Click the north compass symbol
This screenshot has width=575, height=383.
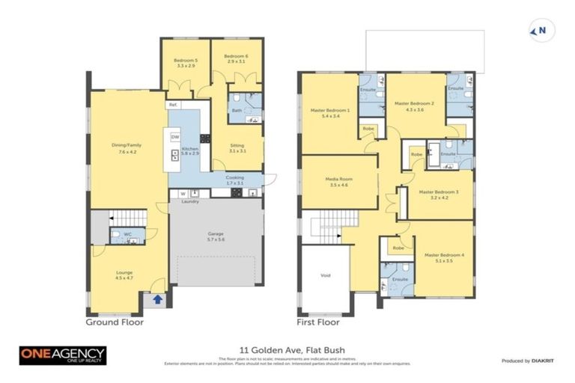coord(538,31)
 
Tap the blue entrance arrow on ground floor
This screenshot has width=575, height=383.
coord(156,300)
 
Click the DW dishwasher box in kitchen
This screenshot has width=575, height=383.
coord(175,137)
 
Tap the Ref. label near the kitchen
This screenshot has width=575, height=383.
coord(172,105)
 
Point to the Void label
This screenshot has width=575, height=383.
coord(325,276)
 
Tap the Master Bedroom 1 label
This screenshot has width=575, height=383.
coord(330,114)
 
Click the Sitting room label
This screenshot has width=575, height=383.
coord(237,149)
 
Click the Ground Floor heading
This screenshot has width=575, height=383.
coord(115,323)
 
